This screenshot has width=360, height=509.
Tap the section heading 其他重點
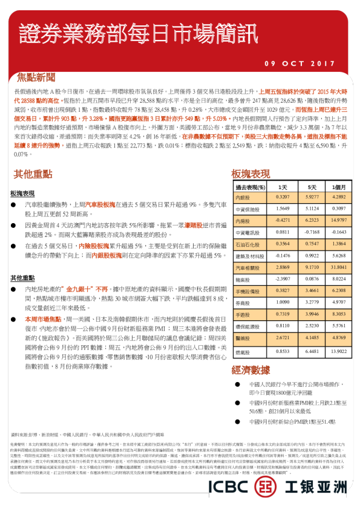point(31,174)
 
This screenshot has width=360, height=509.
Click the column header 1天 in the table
point(282,187)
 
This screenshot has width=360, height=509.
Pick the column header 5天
point(312,187)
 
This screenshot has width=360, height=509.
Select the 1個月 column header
point(339,187)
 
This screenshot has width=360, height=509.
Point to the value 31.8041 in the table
point(339,267)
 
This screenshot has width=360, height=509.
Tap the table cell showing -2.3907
point(282,279)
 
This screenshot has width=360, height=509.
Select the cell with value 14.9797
point(339,221)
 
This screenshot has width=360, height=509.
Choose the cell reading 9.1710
point(312,267)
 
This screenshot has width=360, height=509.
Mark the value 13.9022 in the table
point(339,351)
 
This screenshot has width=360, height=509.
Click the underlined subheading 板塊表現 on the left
point(22,193)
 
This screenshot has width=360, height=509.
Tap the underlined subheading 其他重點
point(22,277)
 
